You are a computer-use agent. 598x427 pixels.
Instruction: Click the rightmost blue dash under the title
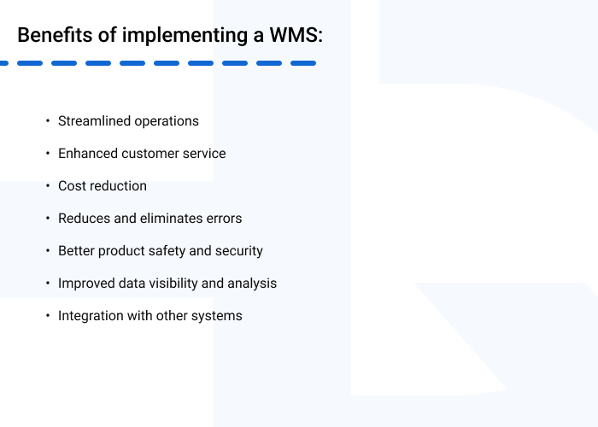pyautogui.click(x=303, y=63)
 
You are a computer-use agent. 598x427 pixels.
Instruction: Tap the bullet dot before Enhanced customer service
pyautogui.click(x=48, y=154)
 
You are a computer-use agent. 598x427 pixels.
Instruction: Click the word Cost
pyautogui.click(x=72, y=186)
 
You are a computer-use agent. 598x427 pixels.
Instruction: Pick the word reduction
pyautogui.click(x=118, y=186)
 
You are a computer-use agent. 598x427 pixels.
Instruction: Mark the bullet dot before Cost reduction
pyautogui.click(x=48, y=186)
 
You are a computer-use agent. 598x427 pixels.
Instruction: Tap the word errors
pyautogui.click(x=226, y=219)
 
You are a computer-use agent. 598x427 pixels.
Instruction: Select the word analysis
pyautogui.click(x=252, y=284)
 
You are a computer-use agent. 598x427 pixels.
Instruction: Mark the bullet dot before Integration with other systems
pyautogui.click(x=48, y=316)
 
